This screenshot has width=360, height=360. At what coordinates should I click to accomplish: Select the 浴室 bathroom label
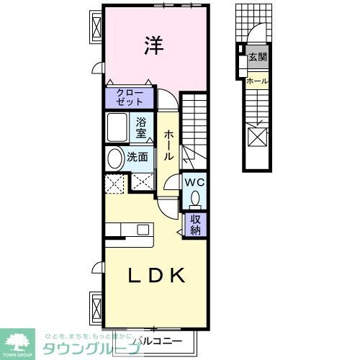coord(142,127)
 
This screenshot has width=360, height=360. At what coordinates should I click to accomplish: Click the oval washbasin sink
coord(115,159)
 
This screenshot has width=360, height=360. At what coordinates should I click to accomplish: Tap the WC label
coord(195,183)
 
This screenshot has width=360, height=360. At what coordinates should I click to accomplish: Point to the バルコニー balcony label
coord(154,340)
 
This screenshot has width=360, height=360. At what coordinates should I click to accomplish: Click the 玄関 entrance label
coord(257,58)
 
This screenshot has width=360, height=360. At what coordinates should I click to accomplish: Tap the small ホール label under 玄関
coord(257,81)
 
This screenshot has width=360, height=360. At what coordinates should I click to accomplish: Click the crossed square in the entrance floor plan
coord(258,135)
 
